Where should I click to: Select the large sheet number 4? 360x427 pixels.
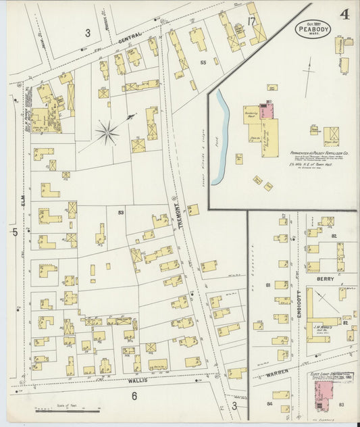point(344,15)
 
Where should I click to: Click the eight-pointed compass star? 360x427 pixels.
point(107,131)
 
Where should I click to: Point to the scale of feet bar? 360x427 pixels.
point(68,410)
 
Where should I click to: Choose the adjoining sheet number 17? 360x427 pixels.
point(251,21)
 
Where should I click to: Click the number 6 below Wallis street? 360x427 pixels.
point(134,396)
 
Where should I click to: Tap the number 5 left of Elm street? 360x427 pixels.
point(14,232)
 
